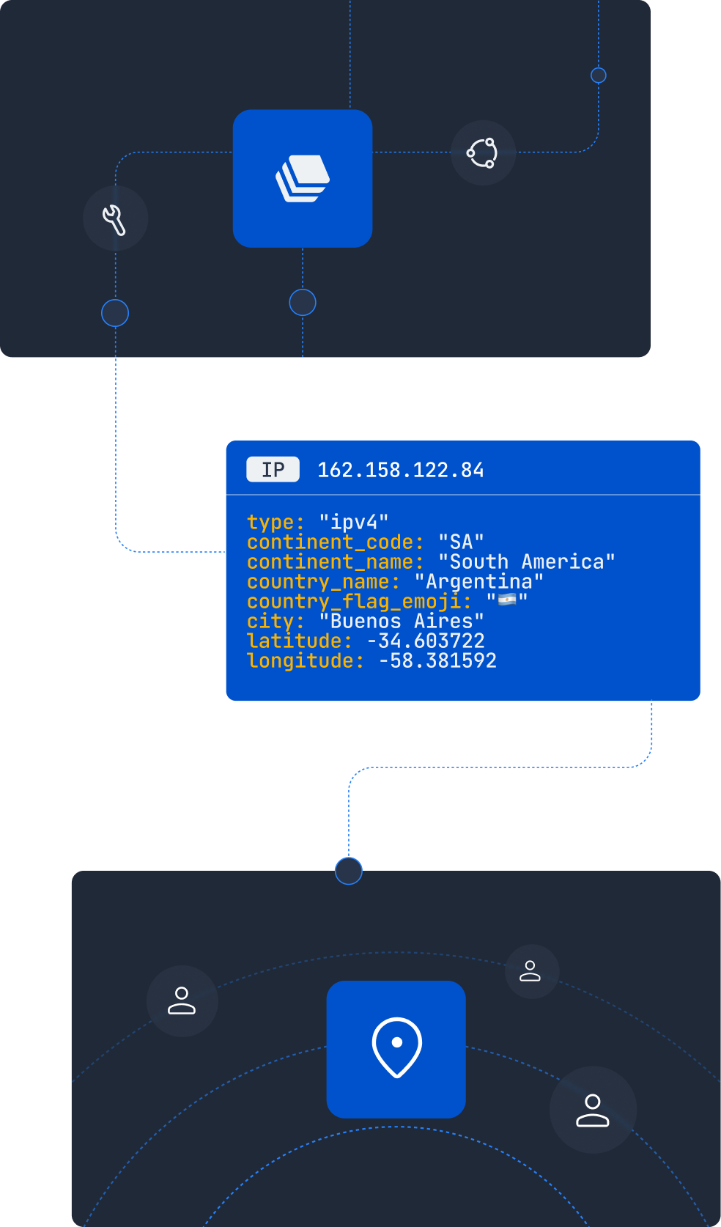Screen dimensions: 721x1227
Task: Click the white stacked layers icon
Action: click(303, 179)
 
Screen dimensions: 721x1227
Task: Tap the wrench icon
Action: click(114, 220)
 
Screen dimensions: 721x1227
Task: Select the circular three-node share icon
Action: click(481, 153)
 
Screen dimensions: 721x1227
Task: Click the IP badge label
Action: click(273, 469)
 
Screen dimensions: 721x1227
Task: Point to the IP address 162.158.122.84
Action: click(401, 470)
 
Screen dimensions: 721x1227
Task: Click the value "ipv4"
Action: click(354, 521)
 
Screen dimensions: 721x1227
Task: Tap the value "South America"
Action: click(527, 561)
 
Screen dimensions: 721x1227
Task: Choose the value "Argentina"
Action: click(479, 581)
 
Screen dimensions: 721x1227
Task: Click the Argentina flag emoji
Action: click(508, 600)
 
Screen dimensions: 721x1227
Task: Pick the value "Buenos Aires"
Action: click(402, 621)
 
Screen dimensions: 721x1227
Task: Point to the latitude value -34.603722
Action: click(426, 641)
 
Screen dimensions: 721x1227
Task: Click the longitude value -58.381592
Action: click(437, 660)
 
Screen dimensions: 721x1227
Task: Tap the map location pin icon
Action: click(397, 1047)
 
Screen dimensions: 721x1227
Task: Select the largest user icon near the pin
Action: click(592, 1110)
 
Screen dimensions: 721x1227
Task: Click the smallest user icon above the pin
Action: click(530, 970)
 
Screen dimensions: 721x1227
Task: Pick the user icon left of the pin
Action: click(182, 1001)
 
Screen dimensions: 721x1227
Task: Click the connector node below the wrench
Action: click(115, 313)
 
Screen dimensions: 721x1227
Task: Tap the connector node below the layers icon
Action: click(303, 303)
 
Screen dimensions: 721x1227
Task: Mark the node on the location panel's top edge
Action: click(349, 871)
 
